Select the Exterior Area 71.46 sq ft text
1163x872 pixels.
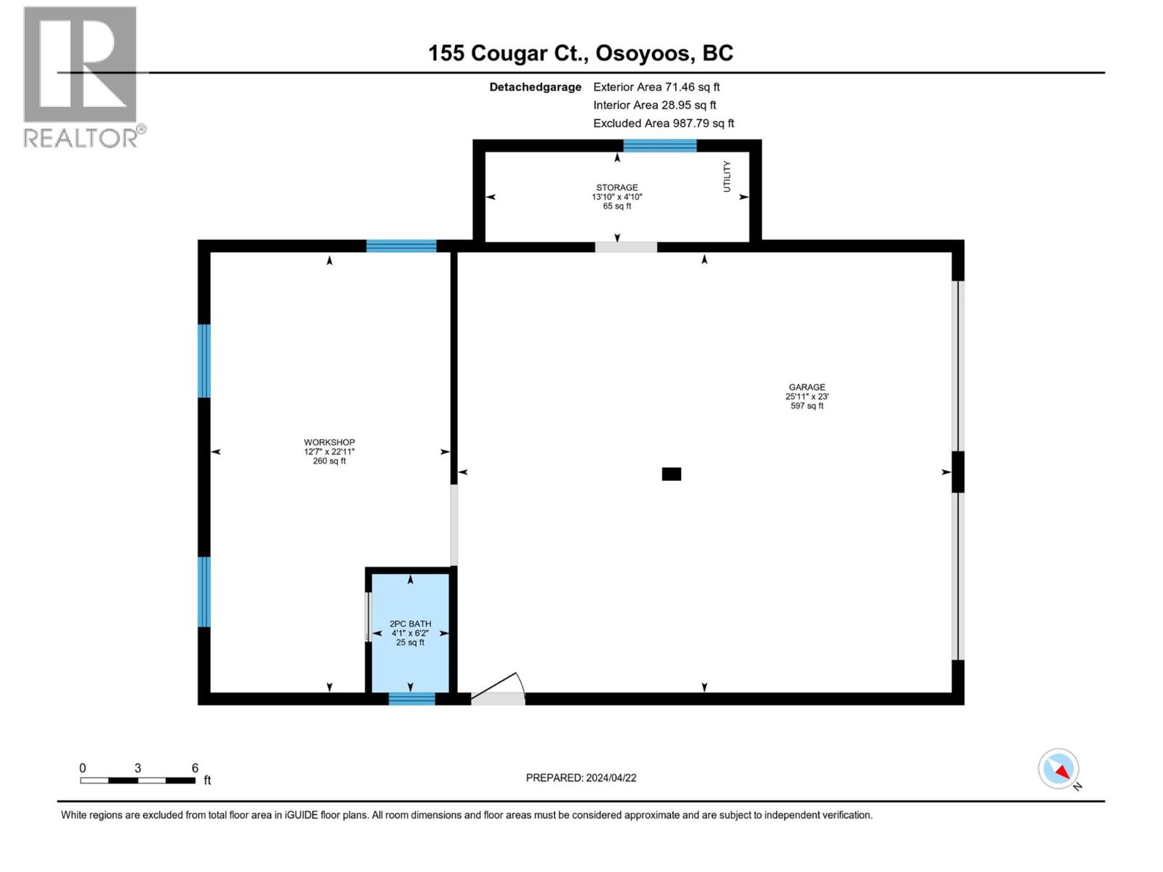[x=656, y=86]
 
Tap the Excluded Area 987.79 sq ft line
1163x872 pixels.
[x=663, y=124]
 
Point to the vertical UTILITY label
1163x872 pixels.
[x=726, y=177]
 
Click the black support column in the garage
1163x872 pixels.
[x=671, y=475]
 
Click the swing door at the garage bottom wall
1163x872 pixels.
[x=499, y=690]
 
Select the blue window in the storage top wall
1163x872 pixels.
[x=659, y=146]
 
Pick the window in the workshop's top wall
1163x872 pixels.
[x=401, y=246]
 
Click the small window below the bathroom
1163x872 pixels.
[x=411, y=699]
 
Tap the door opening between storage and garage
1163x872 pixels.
[x=626, y=247]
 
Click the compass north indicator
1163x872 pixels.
[x=1059, y=770]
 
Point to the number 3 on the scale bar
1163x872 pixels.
[x=137, y=768]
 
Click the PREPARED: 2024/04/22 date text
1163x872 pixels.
[x=581, y=778]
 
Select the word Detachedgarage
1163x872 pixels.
[x=535, y=87]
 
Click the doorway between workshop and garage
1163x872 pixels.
[x=454, y=525]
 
